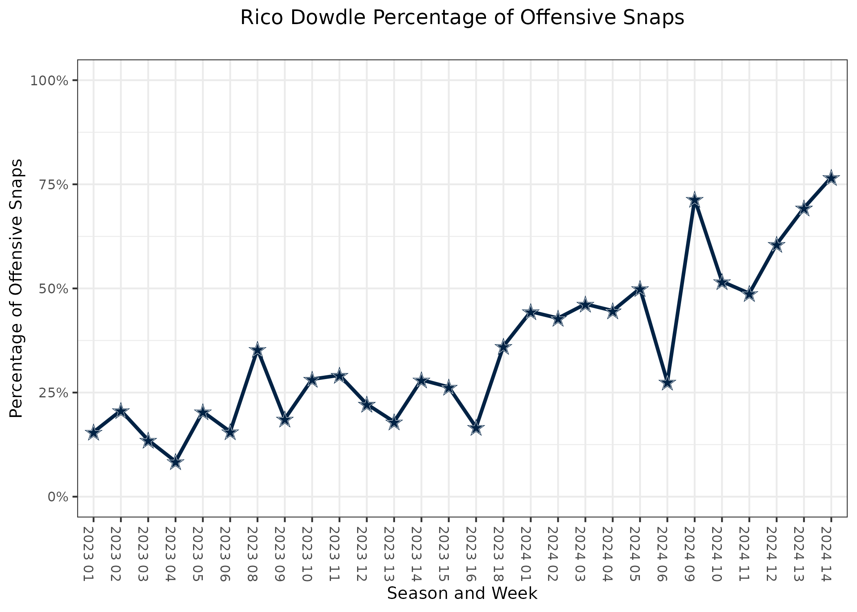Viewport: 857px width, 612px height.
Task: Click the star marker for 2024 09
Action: click(x=694, y=201)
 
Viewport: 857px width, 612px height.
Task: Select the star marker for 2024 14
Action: click(x=831, y=178)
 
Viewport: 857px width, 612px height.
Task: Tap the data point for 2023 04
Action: click(x=175, y=462)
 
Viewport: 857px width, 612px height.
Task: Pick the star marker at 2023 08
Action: click(x=258, y=350)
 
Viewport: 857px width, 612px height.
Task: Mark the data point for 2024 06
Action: click(x=667, y=383)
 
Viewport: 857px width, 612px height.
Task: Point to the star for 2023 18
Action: click(x=503, y=347)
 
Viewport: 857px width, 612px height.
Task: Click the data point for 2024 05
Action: click(x=639, y=289)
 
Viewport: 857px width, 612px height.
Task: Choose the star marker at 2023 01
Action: click(x=93, y=432)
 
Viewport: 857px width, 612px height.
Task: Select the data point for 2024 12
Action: click(x=776, y=245)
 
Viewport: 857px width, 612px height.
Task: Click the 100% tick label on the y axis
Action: click(x=49, y=80)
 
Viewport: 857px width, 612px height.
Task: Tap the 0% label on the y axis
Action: click(x=58, y=497)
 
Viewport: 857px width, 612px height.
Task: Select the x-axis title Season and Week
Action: click(x=462, y=594)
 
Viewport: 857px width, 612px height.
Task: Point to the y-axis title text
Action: click(x=16, y=288)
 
